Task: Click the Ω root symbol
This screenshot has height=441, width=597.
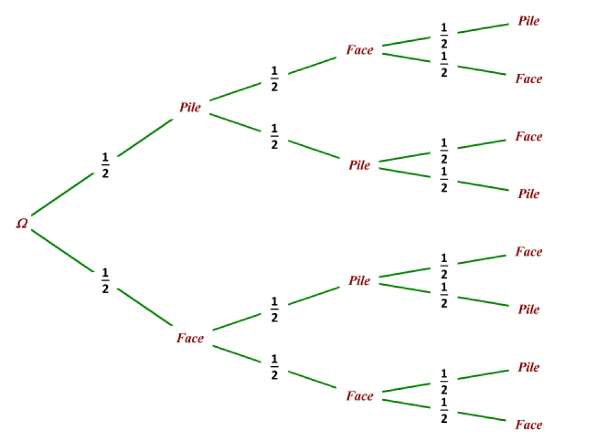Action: (22, 223)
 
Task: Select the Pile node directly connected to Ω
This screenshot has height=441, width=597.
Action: (190, 107)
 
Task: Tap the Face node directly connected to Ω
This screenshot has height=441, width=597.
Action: (190, 338)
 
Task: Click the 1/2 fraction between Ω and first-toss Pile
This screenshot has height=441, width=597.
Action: (105, 165)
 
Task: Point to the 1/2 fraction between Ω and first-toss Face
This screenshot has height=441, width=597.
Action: (105, 280)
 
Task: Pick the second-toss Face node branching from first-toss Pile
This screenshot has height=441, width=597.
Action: (360, 50)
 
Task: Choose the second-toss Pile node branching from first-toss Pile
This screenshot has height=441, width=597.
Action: (359, 165)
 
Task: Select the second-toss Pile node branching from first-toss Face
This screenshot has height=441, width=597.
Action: (359, 280)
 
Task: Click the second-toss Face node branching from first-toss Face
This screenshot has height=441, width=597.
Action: (360, 396)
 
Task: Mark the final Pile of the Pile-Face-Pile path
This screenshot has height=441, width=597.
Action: (529, 21)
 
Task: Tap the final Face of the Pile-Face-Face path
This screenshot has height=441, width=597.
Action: (529, 78)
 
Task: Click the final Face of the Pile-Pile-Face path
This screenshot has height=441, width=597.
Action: (529, 136)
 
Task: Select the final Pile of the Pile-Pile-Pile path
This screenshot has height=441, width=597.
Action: (529, 194)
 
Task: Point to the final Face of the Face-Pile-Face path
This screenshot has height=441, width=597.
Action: (529, 252)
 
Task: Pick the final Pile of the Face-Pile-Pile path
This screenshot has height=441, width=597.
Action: (529, 309)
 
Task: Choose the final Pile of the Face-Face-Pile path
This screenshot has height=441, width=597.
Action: (529, 367)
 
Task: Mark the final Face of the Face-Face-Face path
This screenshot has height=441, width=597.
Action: (529, 425)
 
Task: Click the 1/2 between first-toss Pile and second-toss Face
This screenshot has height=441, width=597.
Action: (274, 78)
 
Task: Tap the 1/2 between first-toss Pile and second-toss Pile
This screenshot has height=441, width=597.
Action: (274, 136)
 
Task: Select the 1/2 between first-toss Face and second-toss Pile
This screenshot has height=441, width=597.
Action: (274, 309)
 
